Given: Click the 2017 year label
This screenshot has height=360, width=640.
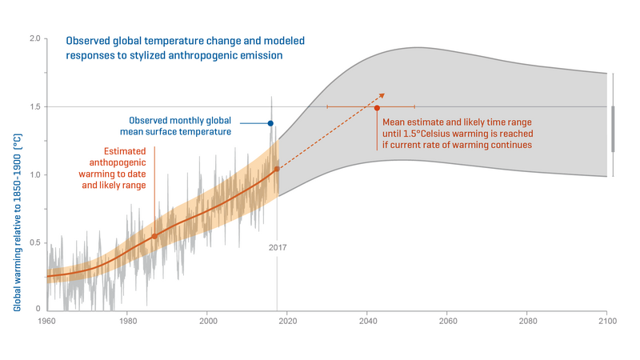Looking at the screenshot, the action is (278, 247).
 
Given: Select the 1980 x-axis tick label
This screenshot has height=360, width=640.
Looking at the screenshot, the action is (128, 322).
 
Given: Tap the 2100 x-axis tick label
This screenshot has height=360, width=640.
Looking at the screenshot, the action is (608, 322).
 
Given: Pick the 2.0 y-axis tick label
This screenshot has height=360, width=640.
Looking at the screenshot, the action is (35, 38).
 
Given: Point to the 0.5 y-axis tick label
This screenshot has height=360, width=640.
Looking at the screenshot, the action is (35, 243).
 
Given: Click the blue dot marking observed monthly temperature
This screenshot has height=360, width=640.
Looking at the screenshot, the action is (270, 123).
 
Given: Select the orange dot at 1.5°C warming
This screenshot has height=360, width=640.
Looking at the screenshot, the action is (377, 108).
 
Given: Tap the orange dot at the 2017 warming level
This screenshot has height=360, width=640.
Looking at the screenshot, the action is (277, 169).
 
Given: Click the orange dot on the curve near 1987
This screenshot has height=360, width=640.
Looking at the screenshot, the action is (154, 236).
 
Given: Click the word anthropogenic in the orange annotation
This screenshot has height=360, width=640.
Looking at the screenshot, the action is (118, 162).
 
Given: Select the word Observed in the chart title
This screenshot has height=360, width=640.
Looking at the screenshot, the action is (88, 41).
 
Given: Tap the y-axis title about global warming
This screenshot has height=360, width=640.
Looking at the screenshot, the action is (17, 222).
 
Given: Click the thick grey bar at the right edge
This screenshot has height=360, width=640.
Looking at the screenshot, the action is (613, 129).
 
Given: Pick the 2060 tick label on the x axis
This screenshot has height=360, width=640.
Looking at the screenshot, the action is (448, 322).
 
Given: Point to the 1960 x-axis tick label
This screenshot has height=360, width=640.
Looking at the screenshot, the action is (47, 322).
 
